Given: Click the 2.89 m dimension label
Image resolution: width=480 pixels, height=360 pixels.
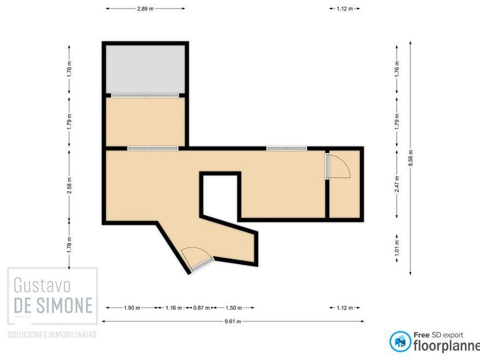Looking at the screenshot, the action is tap(145, 9).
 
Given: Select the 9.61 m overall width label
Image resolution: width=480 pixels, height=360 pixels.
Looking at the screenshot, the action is tap(233, 321).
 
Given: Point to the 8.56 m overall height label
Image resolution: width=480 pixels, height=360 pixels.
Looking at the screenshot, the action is tap(410, 158).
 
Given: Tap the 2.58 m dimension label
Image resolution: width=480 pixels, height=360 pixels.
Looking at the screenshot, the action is tap(70, 185).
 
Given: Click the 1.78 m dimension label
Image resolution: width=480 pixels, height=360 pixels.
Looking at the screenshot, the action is tap(70, 245).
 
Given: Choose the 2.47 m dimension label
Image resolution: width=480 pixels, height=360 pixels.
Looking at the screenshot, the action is tap(397, 184).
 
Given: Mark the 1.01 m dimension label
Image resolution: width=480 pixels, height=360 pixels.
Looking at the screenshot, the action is tap(397, 247).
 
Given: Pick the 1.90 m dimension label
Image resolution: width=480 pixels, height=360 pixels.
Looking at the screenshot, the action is tap(132, 307).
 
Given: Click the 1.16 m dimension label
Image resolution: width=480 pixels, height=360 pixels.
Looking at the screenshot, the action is tap(174, 307).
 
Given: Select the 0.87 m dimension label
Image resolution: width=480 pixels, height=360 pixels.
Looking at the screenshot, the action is tap(201, 307).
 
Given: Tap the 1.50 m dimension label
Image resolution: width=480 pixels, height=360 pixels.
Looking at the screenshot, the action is tap(234, 307).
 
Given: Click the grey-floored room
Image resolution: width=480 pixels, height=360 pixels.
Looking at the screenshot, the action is tap(145, 69).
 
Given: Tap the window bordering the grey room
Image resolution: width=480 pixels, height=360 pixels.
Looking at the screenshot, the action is tap(145, 95).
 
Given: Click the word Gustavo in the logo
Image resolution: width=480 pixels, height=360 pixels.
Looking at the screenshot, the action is tap(42, 285).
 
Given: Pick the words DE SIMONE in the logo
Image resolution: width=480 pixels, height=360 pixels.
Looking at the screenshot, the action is tap(53, 305).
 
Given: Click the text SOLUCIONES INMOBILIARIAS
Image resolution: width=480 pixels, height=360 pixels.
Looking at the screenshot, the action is tap(52, 335).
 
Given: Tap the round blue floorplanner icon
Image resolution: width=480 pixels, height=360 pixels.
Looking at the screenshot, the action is tap(400, 341).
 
